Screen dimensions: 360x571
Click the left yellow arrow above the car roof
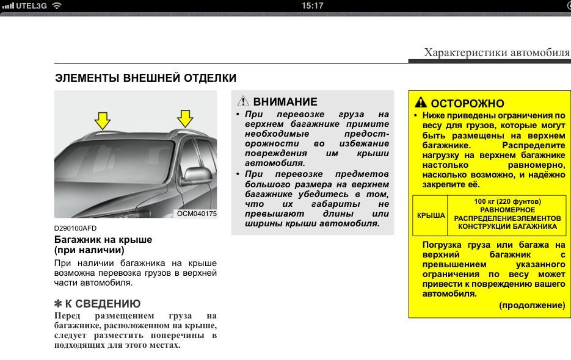(103, 119)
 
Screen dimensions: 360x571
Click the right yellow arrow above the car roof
(184, 117)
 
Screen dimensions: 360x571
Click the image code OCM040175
(197, 214)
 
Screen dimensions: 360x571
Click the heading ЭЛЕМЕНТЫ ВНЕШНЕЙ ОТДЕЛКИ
(145, 78)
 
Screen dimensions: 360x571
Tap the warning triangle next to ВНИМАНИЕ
(243, 102)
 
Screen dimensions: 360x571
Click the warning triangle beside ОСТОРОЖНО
(421, 103)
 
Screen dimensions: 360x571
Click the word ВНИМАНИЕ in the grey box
(285, 102)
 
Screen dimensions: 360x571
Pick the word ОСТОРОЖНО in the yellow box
(467, 103)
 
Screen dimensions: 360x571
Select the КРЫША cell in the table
(431, 215)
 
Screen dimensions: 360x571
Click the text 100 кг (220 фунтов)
(507, 201)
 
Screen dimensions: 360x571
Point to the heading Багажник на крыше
(103, 240)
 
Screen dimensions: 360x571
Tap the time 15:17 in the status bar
(312, 5)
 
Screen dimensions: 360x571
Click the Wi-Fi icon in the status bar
(57, 5)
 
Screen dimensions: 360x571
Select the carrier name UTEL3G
(31, 5)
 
